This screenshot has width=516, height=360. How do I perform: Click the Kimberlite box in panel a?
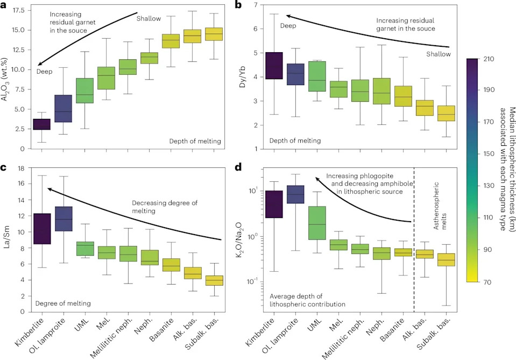41,124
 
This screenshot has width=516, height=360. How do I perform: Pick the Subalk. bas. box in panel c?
214,280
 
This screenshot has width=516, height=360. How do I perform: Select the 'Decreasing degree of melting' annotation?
165,207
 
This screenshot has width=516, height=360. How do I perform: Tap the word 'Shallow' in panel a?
149,19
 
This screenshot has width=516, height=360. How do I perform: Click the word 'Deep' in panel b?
288,26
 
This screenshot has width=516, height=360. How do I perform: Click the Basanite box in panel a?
171,41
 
